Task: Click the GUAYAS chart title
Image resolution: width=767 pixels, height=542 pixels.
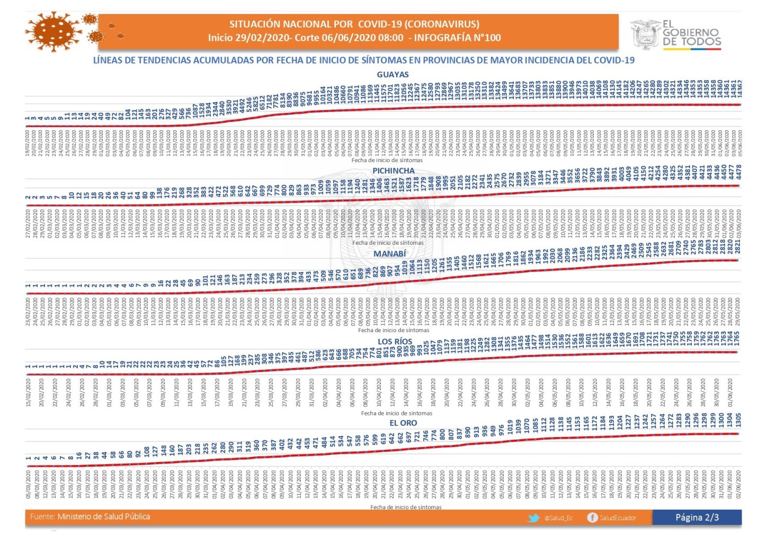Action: coord(393,75)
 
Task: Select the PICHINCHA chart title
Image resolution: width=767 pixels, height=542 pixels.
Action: coord(393,171)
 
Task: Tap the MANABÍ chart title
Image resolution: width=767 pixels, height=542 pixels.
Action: coord(389,254)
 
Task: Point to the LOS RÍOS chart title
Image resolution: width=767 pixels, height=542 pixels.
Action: coord(395,342)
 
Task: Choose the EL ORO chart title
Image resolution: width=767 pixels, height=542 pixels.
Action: coord(403,423)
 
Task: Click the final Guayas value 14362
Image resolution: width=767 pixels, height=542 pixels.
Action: coord(739,88)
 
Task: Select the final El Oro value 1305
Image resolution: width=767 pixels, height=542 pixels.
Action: coord(738,421)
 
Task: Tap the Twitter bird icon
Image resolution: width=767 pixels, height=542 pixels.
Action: coord(534,518)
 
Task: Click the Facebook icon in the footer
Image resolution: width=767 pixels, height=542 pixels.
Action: coord(592,518)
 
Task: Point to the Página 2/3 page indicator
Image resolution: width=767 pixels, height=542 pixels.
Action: coord(697,518)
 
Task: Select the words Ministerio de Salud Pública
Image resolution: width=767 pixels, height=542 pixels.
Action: coord(104,517)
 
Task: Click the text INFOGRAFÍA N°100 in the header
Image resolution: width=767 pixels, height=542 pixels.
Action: coord(457,38)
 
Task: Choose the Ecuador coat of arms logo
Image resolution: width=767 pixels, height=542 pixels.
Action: coord(645,34)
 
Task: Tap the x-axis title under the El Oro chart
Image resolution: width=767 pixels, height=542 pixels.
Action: coord(406,507)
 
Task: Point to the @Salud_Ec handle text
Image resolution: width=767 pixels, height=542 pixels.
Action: coord(558,518)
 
